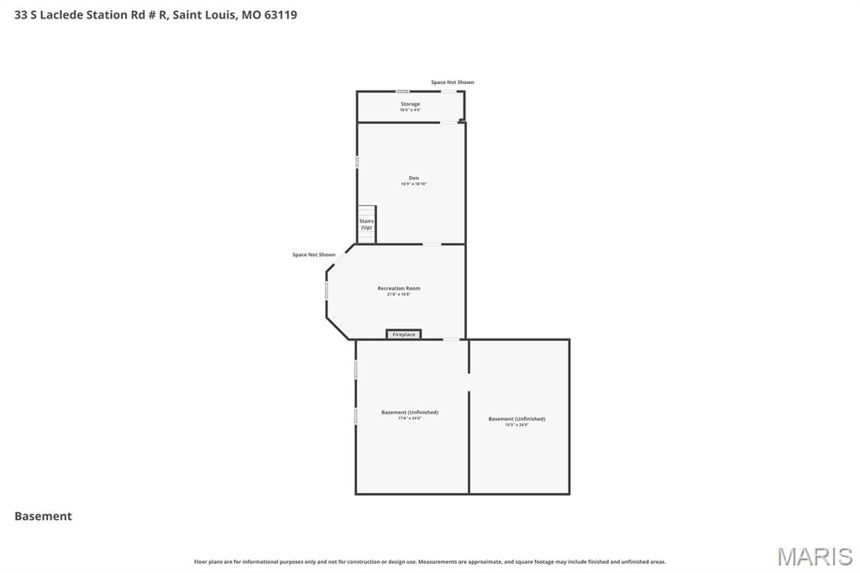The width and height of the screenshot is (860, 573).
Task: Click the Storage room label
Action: [x=410, y=104]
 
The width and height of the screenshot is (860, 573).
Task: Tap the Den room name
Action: [x=413, y=178]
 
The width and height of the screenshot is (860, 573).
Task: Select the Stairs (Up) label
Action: [x=366, y=224]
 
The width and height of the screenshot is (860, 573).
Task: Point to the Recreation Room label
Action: [x=398, y=288]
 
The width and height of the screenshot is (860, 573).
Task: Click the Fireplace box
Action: [x=404, y=334]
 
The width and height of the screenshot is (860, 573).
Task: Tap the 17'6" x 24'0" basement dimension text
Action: [x=410, y=418]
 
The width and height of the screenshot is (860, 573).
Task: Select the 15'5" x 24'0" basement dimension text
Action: [x=517, y=424]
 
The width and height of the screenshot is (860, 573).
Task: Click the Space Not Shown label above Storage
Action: [x=452, y=82]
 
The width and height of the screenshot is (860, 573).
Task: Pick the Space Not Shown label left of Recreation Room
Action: [x=313, y=255]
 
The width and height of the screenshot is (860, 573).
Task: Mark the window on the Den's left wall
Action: [x=358, y=161]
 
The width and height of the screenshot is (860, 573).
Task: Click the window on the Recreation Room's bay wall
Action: [x=327, y=290]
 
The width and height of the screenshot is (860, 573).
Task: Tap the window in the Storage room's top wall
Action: [x=403, y=92]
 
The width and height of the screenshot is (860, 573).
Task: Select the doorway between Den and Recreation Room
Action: [x=431, y=244]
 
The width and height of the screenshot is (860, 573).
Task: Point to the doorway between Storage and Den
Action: [x=448, y=123]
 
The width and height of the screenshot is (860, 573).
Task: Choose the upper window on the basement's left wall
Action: [x=356, y=369]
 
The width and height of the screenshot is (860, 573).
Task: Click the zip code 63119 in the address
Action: [x=280, y=15]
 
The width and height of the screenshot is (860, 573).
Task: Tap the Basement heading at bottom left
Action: [x=43, y=517]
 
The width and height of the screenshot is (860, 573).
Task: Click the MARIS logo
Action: [x=814, y=555]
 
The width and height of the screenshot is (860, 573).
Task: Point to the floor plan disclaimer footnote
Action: [x=430, y=561]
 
